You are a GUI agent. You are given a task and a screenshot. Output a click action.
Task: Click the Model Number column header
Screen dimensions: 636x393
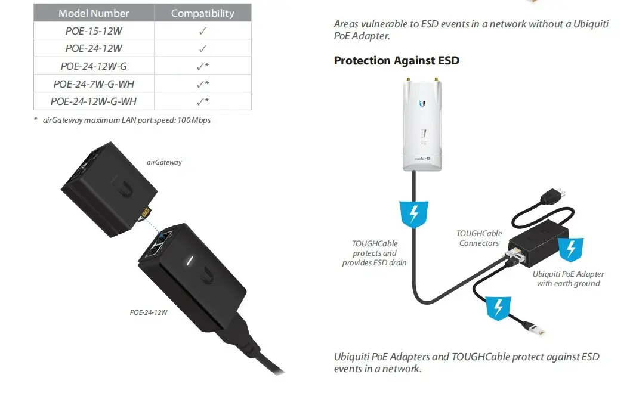pos(94,13)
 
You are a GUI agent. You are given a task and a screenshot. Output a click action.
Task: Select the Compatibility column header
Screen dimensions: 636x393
pos(203,13)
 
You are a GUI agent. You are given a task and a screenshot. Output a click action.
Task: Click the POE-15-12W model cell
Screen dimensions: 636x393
pos(94,31)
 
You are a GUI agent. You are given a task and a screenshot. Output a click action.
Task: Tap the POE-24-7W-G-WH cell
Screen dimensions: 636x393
pos(94,84)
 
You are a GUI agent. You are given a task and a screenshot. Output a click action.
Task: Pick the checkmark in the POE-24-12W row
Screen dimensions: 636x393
pos(203,49)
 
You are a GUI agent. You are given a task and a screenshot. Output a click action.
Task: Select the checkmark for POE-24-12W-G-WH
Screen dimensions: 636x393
pos(203,101)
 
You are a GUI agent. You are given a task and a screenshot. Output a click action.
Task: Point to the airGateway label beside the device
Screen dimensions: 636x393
pos(164,162)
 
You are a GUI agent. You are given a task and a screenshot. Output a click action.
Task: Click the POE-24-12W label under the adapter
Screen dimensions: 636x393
pos(149,312)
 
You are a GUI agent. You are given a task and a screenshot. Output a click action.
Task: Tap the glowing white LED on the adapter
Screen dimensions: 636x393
pos(189,261)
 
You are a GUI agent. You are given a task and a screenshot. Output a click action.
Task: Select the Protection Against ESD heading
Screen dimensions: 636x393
pos(397,60)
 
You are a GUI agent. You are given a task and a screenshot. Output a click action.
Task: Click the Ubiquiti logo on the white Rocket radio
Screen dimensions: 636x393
pos(422,103)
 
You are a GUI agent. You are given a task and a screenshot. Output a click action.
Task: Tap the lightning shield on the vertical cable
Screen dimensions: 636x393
pos(413,213)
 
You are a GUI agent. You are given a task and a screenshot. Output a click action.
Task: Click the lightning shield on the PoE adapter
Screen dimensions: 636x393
pos(571,249)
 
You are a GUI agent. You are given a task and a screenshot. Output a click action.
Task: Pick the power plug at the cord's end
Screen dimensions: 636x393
pos(552,196)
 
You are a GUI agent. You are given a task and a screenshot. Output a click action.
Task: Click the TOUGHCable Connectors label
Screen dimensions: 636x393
pos(479,238)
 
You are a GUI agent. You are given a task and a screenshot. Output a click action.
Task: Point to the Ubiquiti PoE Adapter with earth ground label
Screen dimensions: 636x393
pos(568,278)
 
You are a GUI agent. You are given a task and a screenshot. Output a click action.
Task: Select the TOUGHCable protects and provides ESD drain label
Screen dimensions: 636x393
pos(374,253)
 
